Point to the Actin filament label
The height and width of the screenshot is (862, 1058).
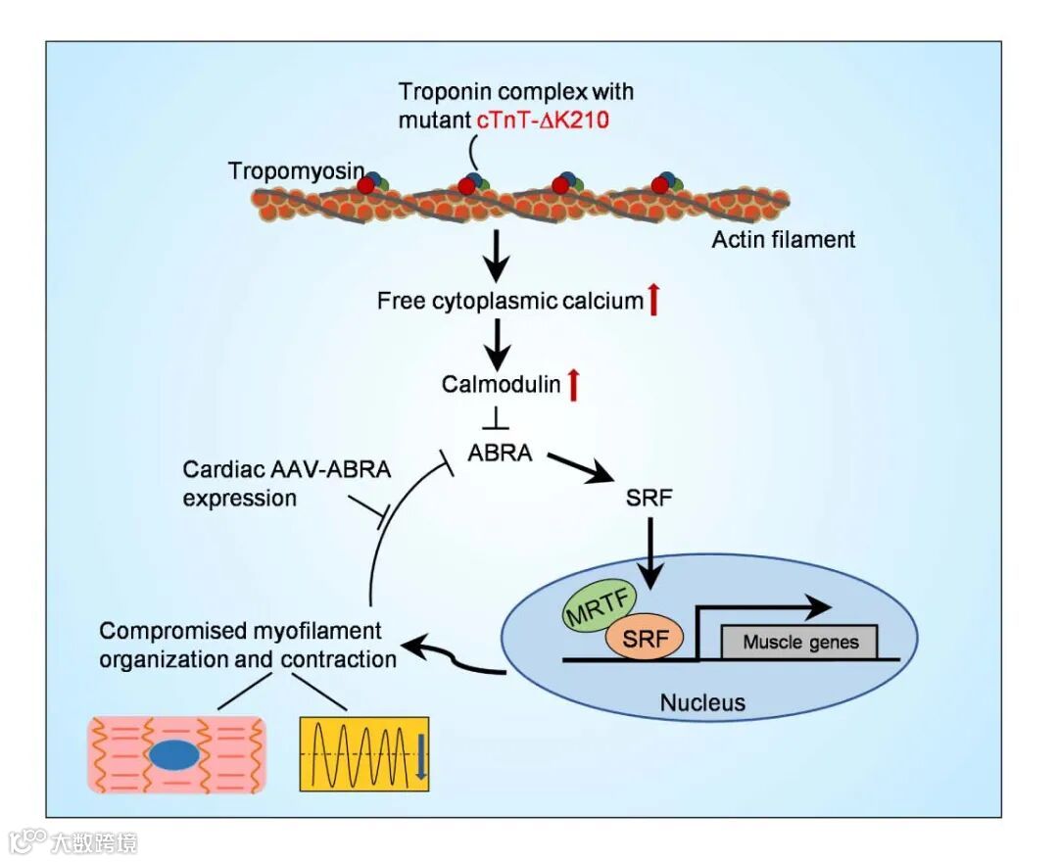783,239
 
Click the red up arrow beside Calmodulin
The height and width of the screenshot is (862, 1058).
574,384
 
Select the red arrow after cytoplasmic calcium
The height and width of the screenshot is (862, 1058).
653,300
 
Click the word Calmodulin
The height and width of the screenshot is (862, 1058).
501,384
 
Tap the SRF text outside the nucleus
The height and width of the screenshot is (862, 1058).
649,497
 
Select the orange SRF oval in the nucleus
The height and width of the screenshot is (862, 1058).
644,641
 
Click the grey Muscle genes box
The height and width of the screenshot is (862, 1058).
799,643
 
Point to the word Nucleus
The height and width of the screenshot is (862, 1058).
701,702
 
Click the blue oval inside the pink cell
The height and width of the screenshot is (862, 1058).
173,754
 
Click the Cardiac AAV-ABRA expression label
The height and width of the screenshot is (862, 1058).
285,483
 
